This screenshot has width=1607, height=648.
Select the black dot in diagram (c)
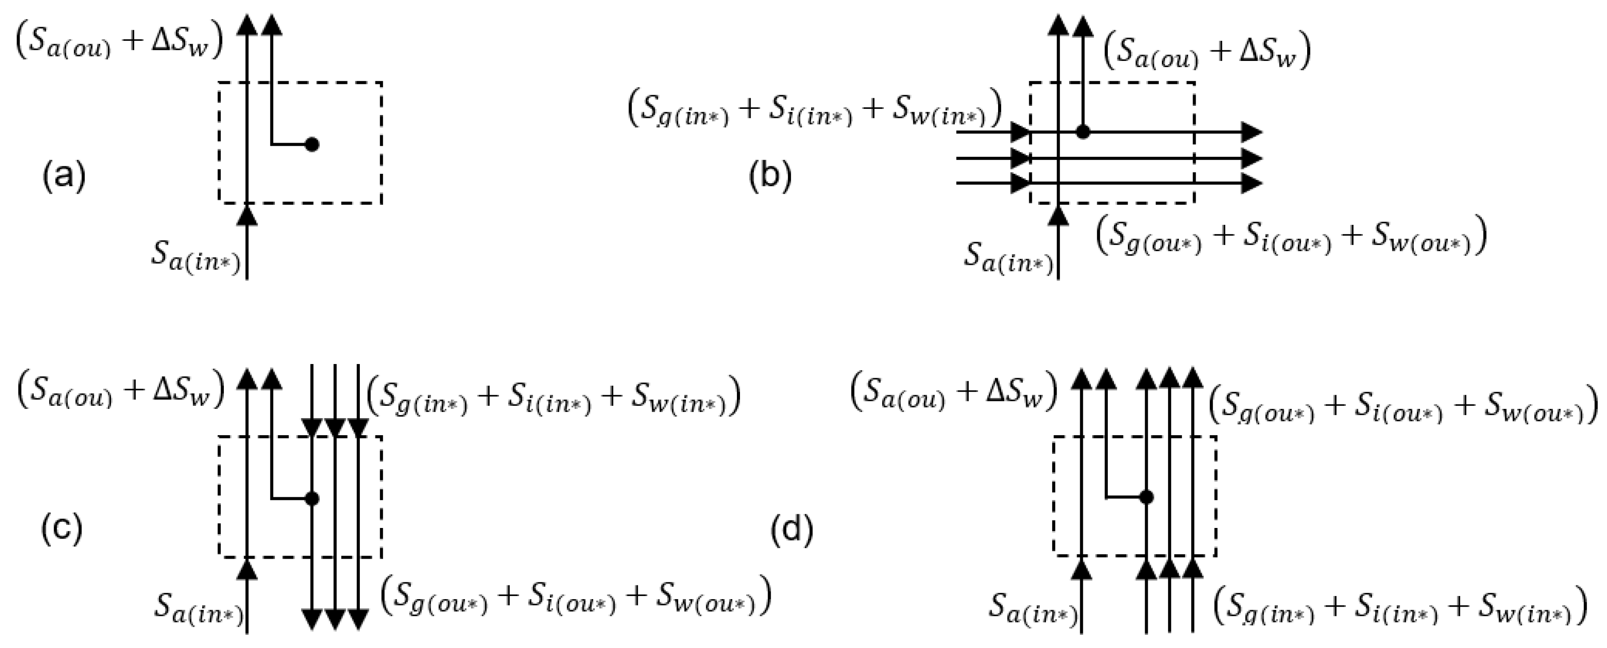click(313, 499)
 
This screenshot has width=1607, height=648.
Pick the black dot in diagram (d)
click(1146, 497)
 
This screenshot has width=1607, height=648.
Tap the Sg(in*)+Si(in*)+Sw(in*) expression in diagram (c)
click(553, 396)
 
